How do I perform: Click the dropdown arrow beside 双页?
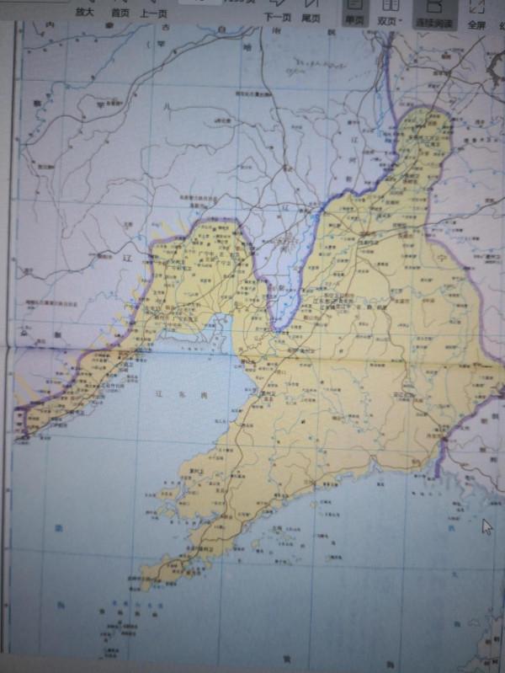(x=401, y=19)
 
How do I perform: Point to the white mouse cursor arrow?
(x=486, y=526)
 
